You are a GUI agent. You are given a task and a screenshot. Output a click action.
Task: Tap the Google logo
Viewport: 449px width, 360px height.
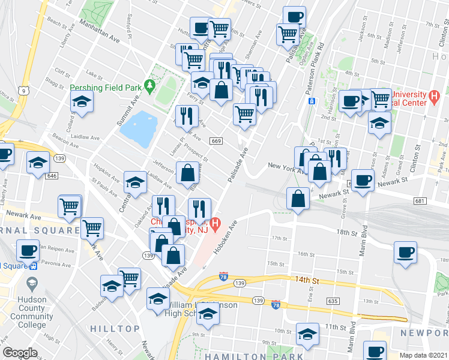tap(20, 353)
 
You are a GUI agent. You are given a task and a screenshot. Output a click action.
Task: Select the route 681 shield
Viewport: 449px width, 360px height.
tap(420, 201)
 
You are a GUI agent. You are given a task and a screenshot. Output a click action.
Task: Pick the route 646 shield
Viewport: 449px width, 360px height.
tap(52, 176)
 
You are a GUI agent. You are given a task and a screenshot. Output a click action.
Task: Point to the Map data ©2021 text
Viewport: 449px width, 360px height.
tap(423, 355)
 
